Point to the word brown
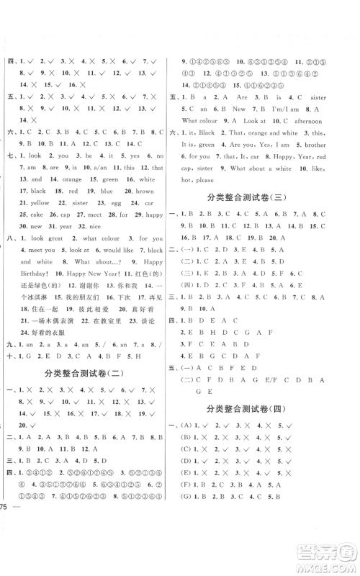click(145, 191)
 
